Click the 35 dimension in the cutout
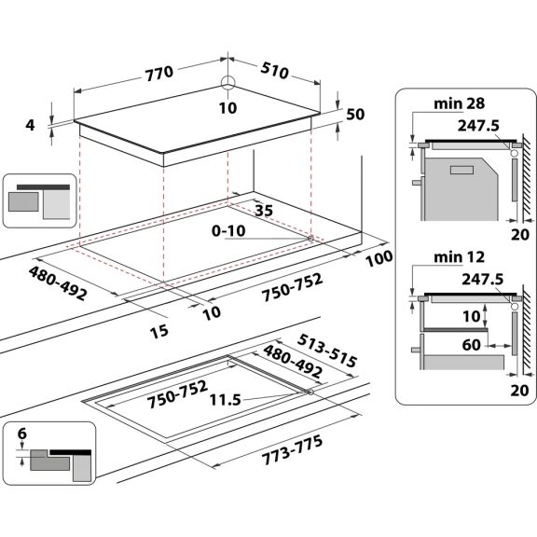pos(262,211)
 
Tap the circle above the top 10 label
pos(227,83)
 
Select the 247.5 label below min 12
pos(478,278)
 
